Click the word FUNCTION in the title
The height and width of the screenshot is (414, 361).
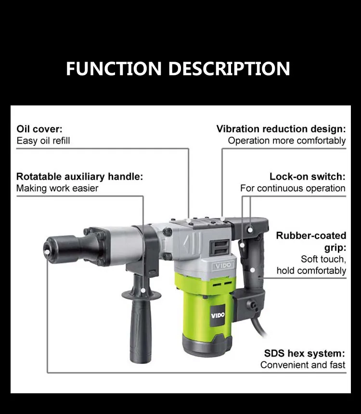pos(114,68)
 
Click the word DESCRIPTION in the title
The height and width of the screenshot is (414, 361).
pos(229,68)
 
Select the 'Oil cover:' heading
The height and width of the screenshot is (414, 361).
pos(39,129)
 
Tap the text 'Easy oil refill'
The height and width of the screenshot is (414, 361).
pos(43,141)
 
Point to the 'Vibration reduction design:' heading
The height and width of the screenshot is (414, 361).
pos(281,129)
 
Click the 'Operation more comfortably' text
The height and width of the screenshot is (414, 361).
pos(287,141)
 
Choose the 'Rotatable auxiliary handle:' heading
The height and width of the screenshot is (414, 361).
pos(79,176)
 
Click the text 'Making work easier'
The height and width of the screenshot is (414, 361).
pos(57,188)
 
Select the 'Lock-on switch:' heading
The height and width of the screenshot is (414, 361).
pos(308,176)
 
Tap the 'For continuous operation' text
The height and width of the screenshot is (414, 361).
pos(293,188)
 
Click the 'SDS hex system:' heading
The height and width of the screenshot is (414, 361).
pos(305,353)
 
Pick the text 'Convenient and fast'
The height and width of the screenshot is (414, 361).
pos(303,365)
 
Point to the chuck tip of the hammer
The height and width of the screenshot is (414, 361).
pos(47,247)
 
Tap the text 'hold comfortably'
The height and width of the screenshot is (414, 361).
pos(311,271)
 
